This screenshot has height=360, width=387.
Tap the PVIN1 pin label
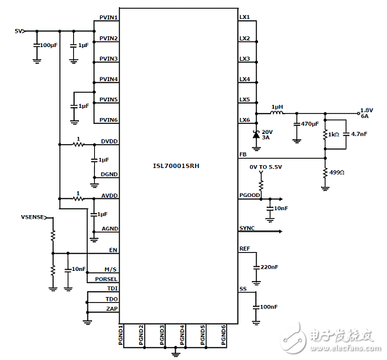pyautogui.click(x=108, y=17)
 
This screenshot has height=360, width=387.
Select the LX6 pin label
pyautogui.click(x=244, y=120)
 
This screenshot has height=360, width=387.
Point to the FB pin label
pyautogui.click(x=243, y=154)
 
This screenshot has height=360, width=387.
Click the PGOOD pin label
pyautogui.click(x=249, y=196)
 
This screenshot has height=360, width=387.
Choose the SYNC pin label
pyautogui.click(x=246, y=228)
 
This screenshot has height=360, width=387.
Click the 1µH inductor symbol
pyautogui.click(x=276, y=114)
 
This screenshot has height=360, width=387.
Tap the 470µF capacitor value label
pyautogui.click(x=309, y=124)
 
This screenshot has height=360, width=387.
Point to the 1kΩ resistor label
pyautogui.click(x=333, y=135)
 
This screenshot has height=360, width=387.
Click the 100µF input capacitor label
pyautogui.click(x=49, y=45)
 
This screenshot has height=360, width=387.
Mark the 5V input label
pyautogui.click(x=19, y=31)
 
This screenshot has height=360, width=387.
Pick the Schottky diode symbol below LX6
pyautogui.click(x=255, y=135)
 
